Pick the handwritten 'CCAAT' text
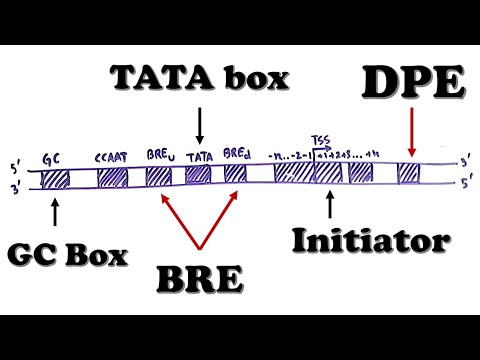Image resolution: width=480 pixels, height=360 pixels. click(110, 158)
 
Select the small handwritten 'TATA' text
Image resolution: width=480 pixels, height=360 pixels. click(199, 157)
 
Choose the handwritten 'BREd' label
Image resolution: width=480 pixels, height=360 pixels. click(237, 156)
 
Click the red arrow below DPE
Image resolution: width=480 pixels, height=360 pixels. click(409, 136)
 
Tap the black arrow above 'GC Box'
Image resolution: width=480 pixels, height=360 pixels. click(53, 210)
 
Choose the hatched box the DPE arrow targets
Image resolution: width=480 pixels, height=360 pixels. click(408, 174)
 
